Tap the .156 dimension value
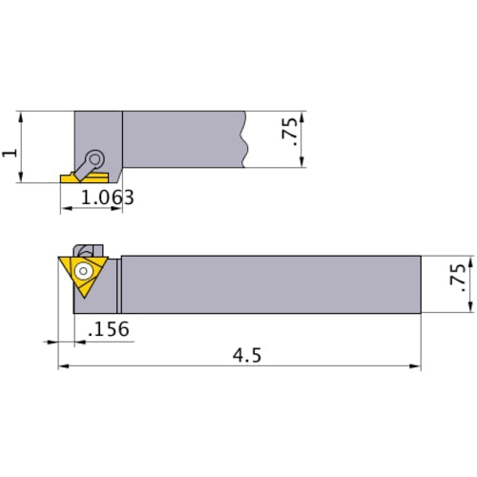[108, 328]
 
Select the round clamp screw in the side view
[95, 159]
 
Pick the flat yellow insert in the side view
[72, 177]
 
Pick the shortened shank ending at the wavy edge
[181, 139]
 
